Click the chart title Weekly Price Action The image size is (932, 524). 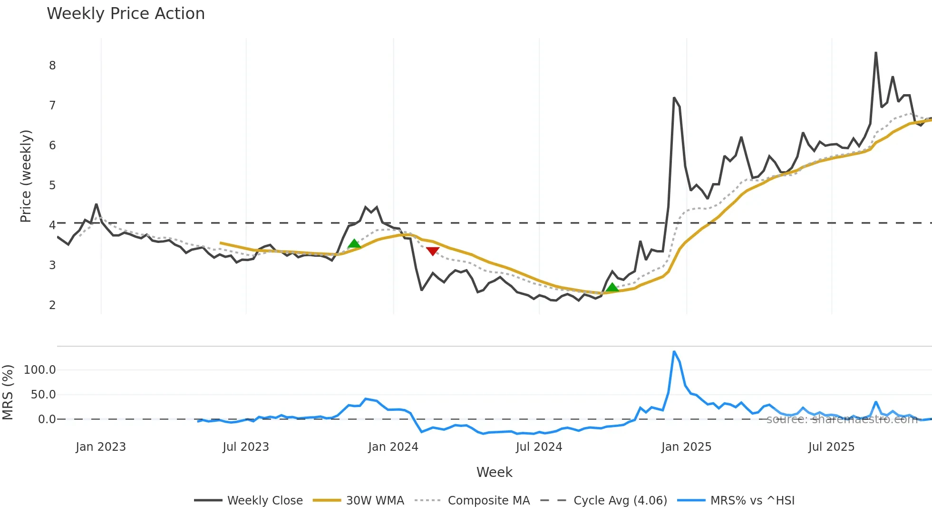coord(126,14)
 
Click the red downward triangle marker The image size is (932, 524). coord(433,251)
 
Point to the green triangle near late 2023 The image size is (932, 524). coord(354,244)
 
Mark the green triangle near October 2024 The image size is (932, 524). coord(612,287)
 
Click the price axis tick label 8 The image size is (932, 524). coord(52,66)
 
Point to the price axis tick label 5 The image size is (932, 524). coord(52,185)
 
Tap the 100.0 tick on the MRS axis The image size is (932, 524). coord(40,370)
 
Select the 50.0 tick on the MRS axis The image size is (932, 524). coord(43,395)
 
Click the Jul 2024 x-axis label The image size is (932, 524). coord(539,447)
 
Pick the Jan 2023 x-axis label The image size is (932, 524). coord(101,447)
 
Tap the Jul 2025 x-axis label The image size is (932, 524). coord(831,447)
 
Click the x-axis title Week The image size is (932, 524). coord(494,472)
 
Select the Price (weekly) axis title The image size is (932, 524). coord(26,176)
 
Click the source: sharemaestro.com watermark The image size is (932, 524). coord(842,419)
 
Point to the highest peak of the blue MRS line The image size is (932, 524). coord(674,352)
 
